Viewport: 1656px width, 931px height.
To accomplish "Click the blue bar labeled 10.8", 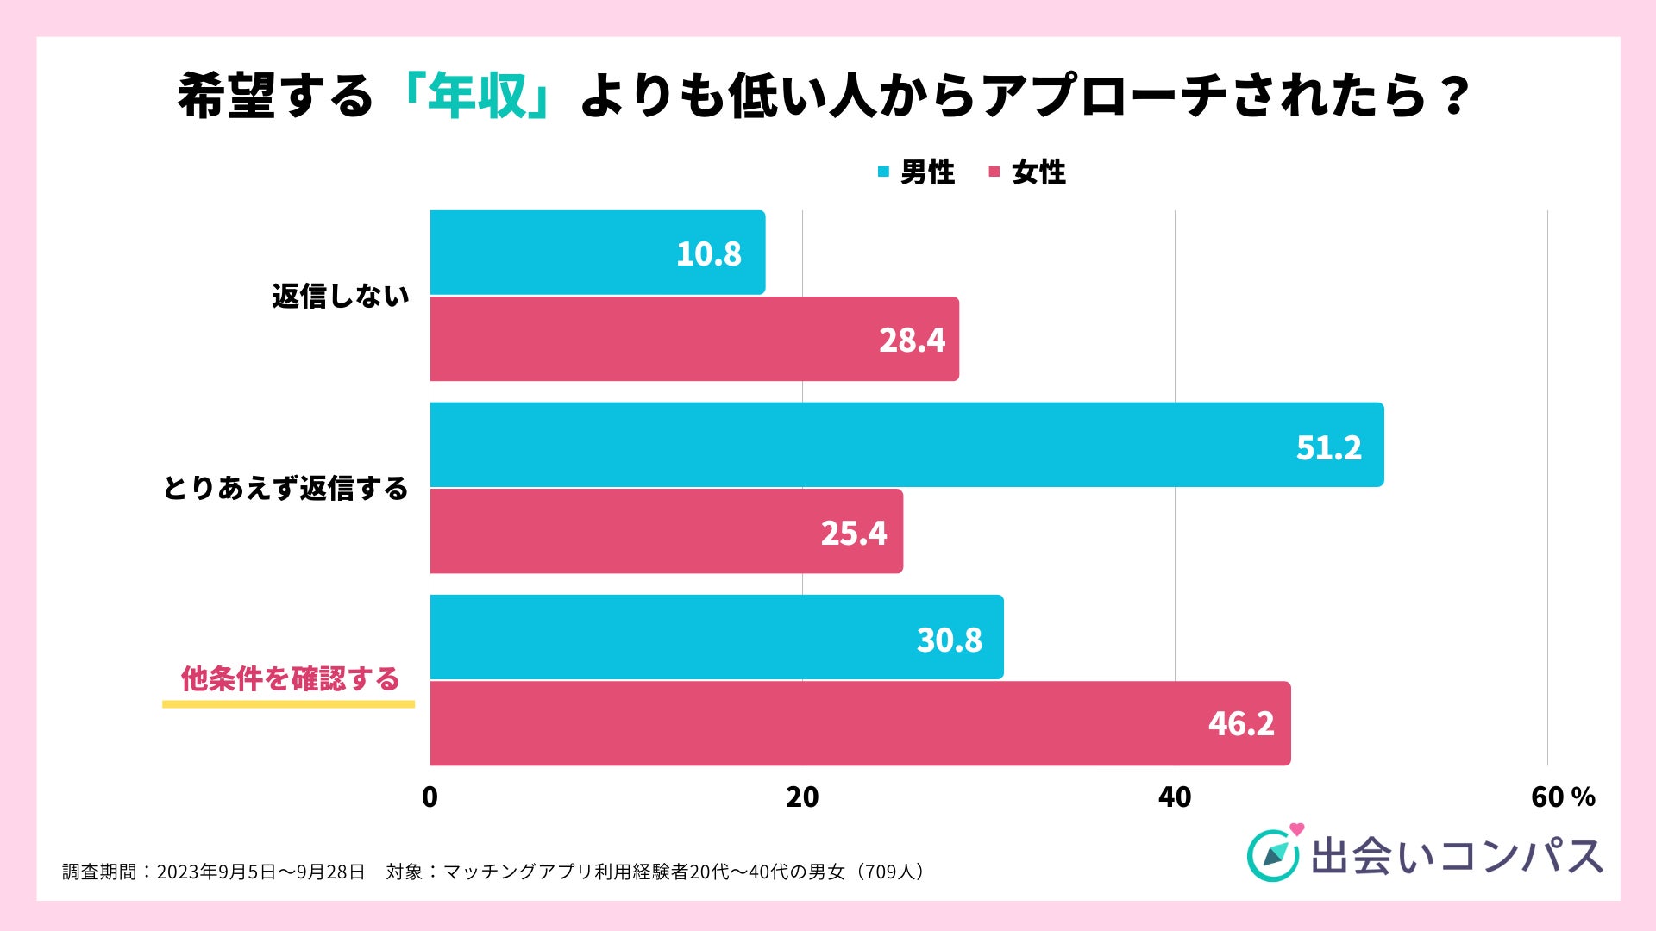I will [x=597, y=253].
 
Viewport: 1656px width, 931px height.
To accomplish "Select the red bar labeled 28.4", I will [x=694, y=339].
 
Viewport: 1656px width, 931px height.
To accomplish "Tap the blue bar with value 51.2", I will [x=906, y=445].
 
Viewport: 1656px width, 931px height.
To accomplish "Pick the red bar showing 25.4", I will [x=666, y=531].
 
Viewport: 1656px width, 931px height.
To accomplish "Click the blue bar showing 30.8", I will [x=716, y=637].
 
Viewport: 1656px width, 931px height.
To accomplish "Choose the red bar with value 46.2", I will [x=860, y=723].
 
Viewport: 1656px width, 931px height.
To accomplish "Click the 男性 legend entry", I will [x=917, y=172].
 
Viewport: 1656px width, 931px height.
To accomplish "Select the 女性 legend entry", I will [x=1028, y=172].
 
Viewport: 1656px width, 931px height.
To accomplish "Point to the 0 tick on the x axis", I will [x=430, y=797].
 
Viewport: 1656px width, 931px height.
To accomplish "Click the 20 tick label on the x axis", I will [x=802, y=797].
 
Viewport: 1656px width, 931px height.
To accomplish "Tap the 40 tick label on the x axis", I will [x=1175, y=797].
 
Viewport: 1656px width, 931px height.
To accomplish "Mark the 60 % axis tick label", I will [x=1562, y=797].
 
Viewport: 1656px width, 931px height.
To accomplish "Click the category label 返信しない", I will [x=341, y=297].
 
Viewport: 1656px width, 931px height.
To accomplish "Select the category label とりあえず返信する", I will [x=285, y=489].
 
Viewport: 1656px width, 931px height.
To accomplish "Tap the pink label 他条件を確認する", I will [x=290, y=679].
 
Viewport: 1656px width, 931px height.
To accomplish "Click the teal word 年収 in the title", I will [x=477, y=96].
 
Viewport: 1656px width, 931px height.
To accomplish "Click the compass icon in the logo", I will [x=1273, y=854].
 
